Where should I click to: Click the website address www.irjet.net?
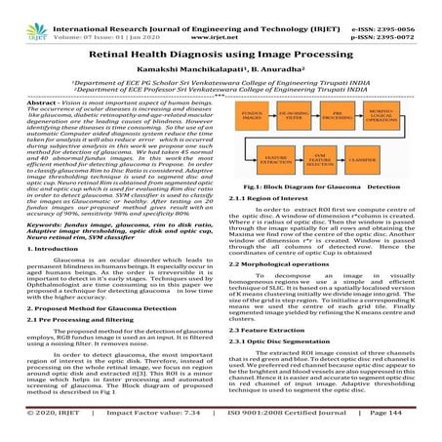pyautogui.click(x=221, y=20)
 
